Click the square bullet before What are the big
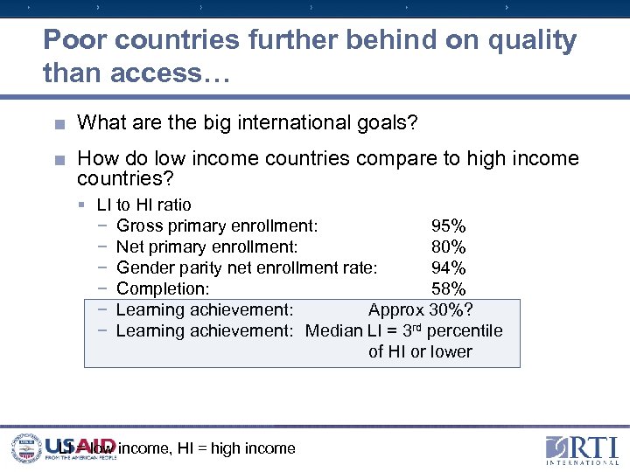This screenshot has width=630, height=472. coord(59,124)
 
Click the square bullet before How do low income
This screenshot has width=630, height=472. coord(59,159)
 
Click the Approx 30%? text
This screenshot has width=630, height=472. coord(420,310)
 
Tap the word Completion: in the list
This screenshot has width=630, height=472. coord(163,289)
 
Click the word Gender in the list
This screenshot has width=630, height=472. coord(143,268)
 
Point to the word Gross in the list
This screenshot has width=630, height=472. coord(138,226)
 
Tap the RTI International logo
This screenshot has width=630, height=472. coord(580,449)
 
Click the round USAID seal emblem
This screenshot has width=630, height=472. coord(26,448)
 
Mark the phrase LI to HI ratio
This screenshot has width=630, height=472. coord(143,205)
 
